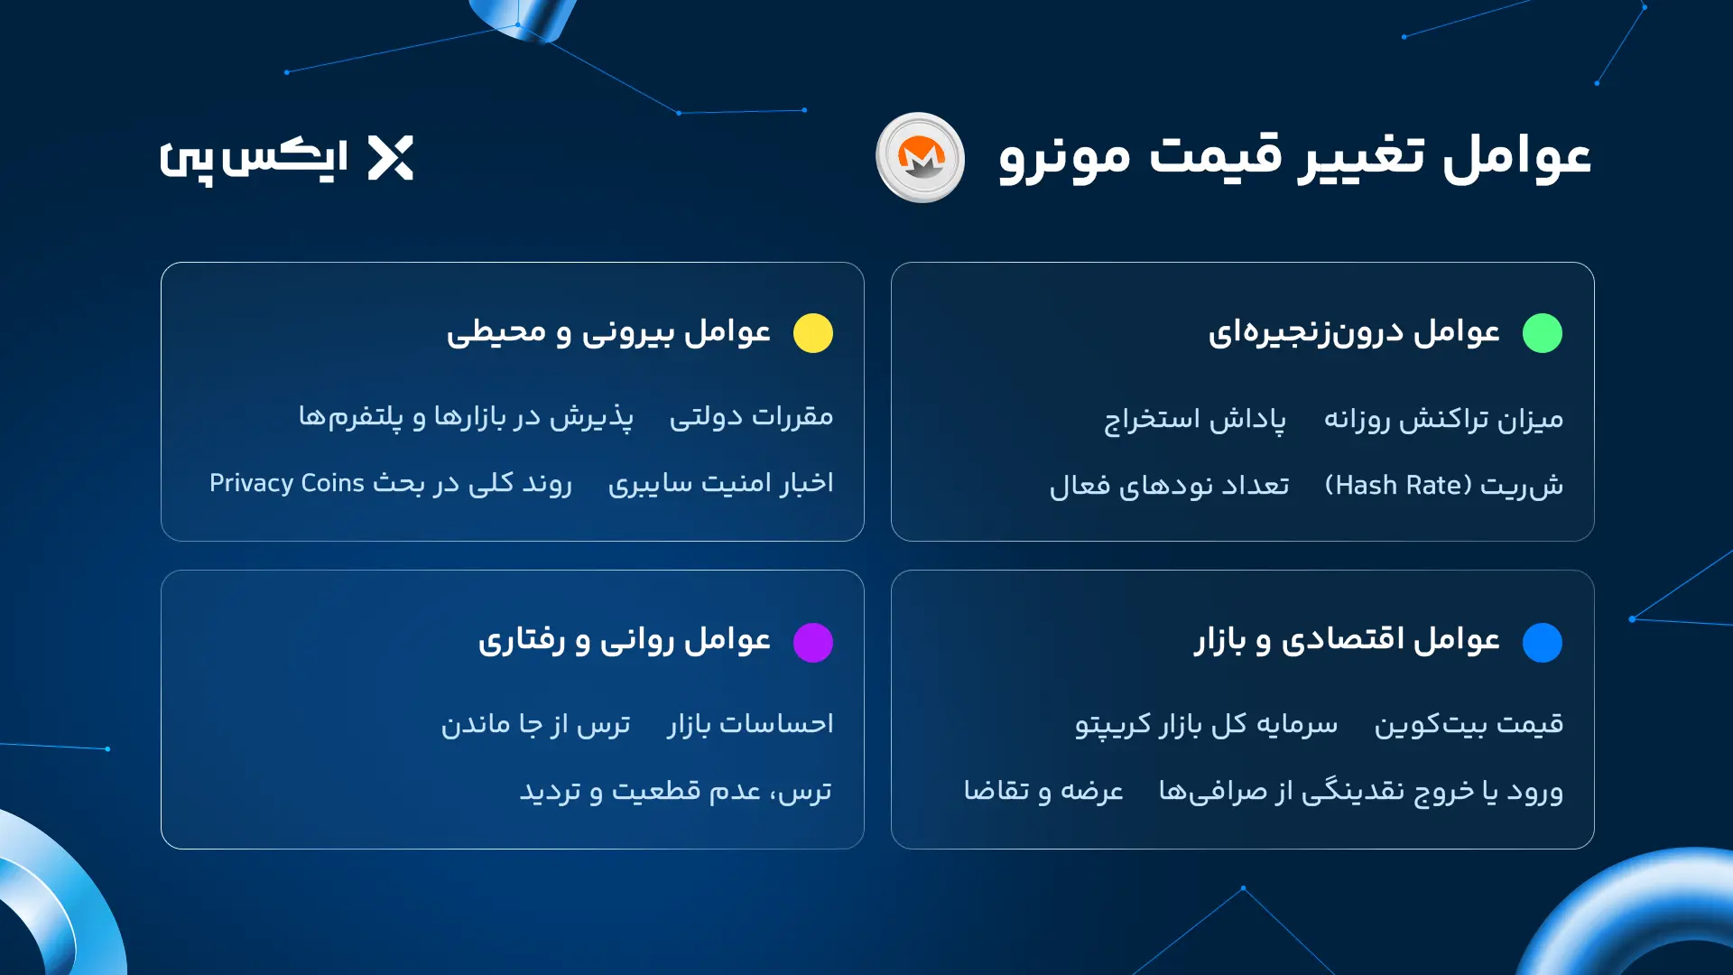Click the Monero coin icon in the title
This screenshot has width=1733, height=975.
coord(920,158)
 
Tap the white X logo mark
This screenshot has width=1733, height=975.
coord(391,158)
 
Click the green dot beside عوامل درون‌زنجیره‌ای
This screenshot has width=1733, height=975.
coord(1542,333)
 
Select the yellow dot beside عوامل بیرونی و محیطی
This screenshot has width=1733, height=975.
coord(812,333)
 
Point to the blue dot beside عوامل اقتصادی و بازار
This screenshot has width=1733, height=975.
coord(1542,642)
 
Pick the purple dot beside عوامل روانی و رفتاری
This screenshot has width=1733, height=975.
coord(812,642)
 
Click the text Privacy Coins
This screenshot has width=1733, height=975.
coord(287,484)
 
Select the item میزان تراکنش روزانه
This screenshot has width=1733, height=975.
coord(1443,420)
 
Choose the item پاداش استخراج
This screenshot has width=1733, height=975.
coord(1195,420)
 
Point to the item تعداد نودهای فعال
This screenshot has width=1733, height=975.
coord(1169,487)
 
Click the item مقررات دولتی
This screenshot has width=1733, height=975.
coord(751,417)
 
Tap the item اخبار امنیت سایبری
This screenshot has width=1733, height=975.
coord(720,484)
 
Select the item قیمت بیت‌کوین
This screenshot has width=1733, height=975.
coord(1469,724)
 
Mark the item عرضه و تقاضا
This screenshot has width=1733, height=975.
coord(1043,791)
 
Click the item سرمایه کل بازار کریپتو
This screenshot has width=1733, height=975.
coord(1206,724)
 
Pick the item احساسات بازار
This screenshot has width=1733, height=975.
coord(750,724)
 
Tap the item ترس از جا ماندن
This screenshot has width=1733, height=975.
coord(535,724)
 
